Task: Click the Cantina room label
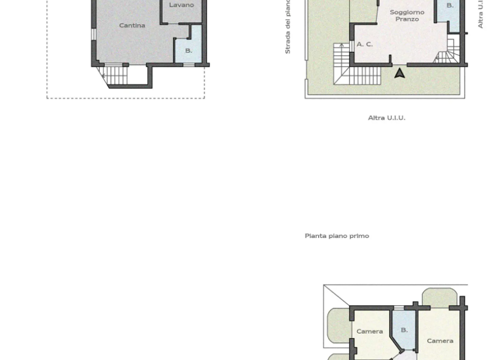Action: [132, 26]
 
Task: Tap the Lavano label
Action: [181, 5]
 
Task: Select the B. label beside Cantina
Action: [188, 51]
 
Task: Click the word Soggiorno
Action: [407, 12]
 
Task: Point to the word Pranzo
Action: [407, 19]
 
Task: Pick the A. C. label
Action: [365, 44]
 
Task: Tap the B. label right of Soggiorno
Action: [450, 6]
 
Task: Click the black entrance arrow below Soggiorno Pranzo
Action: [399, 73]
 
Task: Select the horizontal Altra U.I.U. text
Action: [387, 118]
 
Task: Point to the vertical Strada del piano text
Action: [288, 27]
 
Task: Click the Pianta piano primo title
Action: [336, 236]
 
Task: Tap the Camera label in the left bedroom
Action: [370, 332]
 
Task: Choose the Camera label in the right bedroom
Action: [440, 341]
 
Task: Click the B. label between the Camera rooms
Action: [404, 330]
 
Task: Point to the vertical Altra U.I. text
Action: [480, 14]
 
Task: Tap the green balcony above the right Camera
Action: [439, 298]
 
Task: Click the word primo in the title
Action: [360, 236]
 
